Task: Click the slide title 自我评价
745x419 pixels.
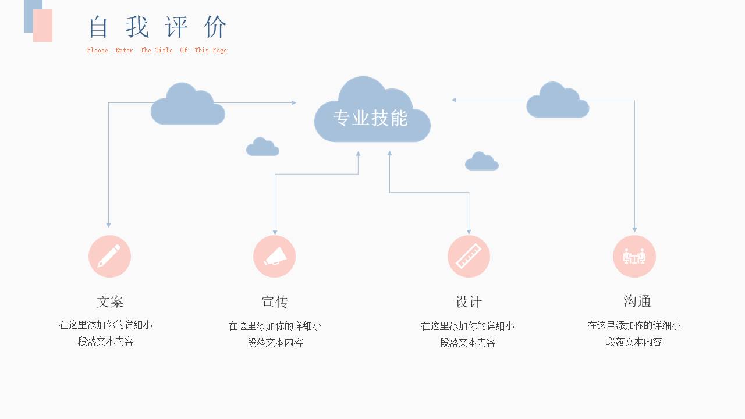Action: click(x=158, y=27)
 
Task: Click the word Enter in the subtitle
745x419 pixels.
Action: click(x=124, y=51)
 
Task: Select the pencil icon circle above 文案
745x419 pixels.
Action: click(x=109, y=256)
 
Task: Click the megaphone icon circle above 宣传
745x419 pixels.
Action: click(x=275, y=256)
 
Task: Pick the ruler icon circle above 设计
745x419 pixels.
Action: click(x=469, y=256)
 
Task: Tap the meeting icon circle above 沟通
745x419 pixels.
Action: click(x=634, y=256)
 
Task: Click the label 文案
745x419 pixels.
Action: click(x=110, y=301)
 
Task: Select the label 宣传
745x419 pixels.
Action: click(x=275, y=301)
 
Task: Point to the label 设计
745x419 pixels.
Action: click(x=469, y=301)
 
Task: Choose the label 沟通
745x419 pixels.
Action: click(x=637, y=301)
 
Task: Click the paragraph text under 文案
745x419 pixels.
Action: click(x=106, y=333)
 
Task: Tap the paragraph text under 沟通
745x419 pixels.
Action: click(x=634, y=333)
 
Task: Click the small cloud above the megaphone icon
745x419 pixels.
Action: click(x=262, y=148)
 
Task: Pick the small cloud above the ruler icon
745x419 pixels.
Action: click(x=481, y=162)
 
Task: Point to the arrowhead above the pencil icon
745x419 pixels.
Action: click(x=108, y=225)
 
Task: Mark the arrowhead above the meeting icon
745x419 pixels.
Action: click(x=634, y=230)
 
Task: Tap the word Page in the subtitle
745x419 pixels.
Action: click(x=219, y=51)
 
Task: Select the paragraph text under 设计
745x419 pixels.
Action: click(x=467, y=334)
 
